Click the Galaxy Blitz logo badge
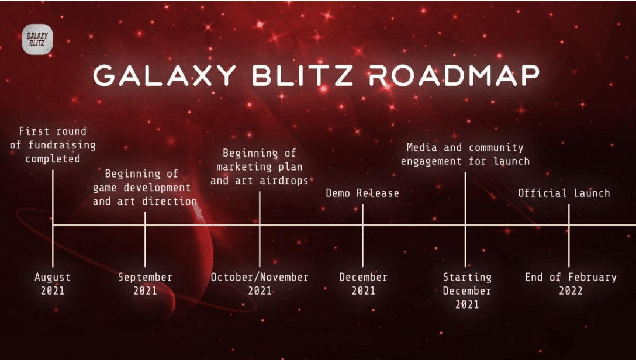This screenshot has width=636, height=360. [37, 39]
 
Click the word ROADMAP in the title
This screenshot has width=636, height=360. [454, 75]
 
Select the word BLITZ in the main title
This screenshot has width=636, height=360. [303, 75]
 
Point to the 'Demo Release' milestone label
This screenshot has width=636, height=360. [362, 193]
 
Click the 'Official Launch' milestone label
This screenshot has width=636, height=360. [564, 193]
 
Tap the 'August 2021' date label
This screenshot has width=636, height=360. [53, 284]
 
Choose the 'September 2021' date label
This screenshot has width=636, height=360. [145, 284]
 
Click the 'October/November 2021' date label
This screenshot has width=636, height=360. [260, 284]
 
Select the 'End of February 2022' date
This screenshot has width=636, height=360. [571, 284]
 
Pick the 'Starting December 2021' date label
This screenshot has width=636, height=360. [467, 290]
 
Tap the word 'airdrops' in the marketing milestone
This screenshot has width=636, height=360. [284, 181]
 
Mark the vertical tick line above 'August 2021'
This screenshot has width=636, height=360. [53, 219]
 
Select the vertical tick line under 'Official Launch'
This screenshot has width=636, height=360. [569, 235]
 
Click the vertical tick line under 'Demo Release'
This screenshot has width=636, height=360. [362, 235]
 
